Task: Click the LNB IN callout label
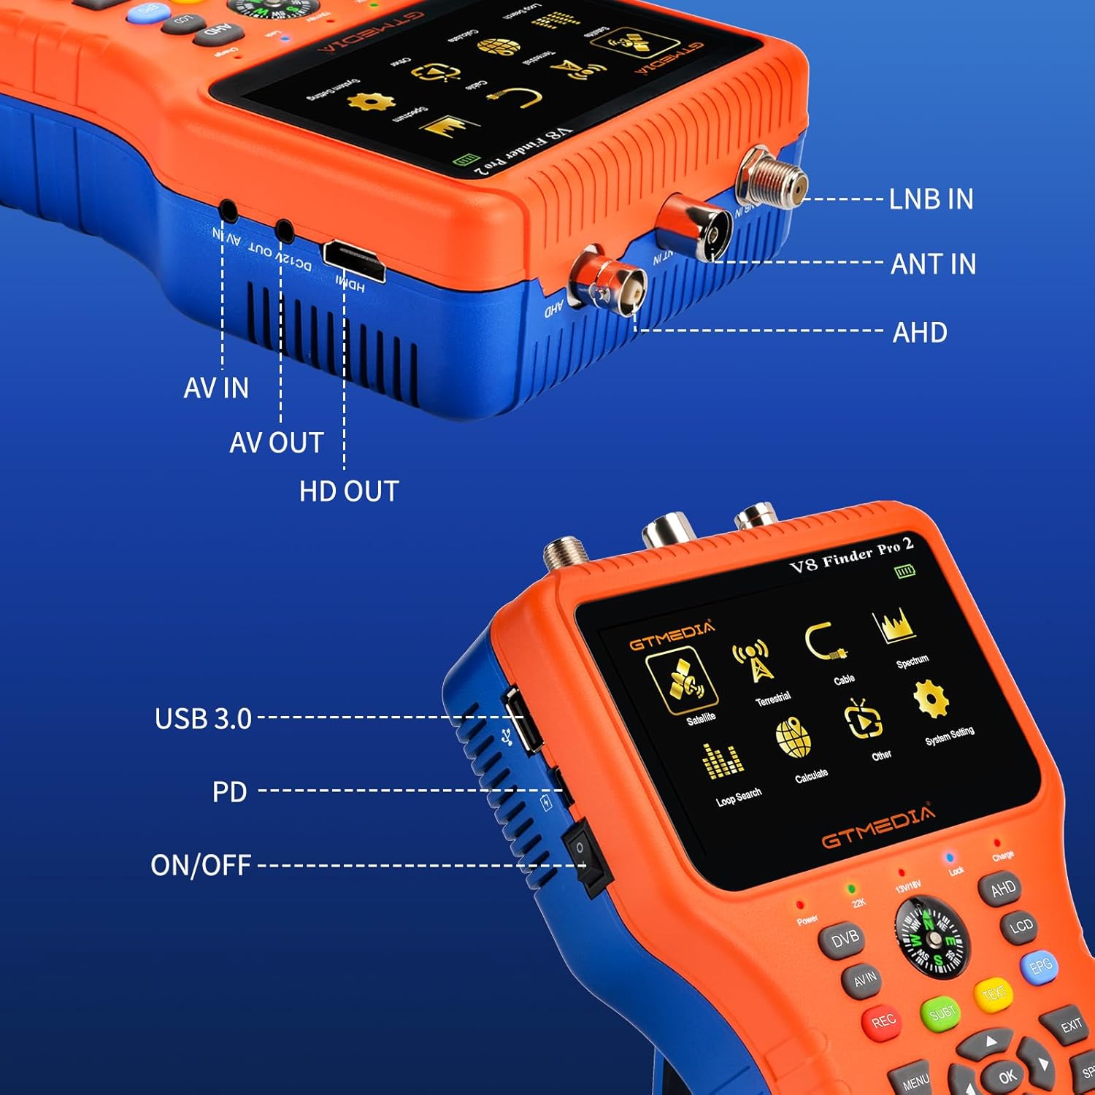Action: coord(931,199)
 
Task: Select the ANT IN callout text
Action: coord(933,264)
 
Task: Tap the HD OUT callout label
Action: coord(349,491)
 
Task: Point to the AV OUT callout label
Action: coord(276,442)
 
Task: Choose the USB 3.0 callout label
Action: coord(203,719)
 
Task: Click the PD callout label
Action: coord(229,792)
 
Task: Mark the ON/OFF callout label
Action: coord(201,865)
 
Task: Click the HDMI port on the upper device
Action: coord(354,260)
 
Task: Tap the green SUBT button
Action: coord(942,1013)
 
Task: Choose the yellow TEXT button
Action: coord(994,993)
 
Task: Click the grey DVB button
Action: coord(844,940)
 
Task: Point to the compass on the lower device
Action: coord(932,937)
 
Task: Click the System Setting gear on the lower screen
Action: coord(931,699)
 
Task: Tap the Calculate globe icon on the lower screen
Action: coord(794,739)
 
